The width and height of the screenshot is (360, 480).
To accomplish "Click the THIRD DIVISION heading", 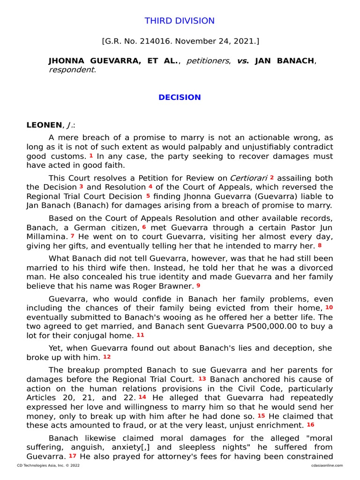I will (180, 21).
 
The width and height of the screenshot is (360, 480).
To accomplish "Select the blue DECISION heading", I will (180, 97).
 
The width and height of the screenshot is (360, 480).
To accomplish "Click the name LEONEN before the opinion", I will (44, 125).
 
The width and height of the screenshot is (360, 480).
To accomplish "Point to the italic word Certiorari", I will (248, 178).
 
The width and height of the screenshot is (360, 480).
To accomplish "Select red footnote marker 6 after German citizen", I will (144, 226).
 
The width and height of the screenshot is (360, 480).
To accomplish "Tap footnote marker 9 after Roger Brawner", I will (198, 285).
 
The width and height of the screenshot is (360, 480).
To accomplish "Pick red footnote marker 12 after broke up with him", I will (107, 356).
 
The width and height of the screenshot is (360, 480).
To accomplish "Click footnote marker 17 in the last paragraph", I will (73, 455).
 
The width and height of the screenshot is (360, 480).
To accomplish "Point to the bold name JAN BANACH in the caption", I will (285, 61).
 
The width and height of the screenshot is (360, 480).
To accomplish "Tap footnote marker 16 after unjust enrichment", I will (310, 425).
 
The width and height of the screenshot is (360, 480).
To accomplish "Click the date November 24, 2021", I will (218, 41).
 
